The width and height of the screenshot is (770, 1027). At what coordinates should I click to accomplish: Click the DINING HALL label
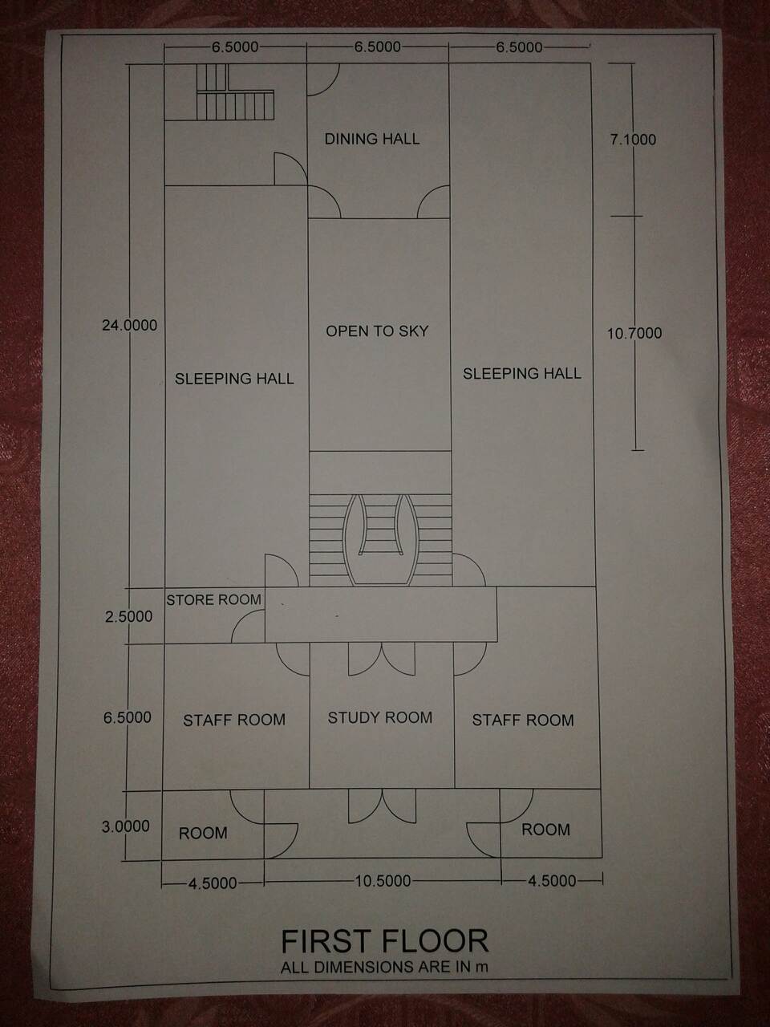372,139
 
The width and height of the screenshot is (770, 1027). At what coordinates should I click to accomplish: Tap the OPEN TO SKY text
377,331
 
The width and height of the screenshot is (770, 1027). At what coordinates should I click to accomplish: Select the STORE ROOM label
213,600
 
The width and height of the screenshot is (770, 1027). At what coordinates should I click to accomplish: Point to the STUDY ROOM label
379,718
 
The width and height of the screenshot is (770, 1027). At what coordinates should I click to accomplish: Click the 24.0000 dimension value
129,325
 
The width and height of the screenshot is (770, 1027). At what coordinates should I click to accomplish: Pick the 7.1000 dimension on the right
633,140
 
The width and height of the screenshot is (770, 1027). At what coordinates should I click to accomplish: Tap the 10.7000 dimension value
634,333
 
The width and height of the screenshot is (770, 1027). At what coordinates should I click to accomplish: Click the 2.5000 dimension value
128,616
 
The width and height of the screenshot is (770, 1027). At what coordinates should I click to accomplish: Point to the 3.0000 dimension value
126,826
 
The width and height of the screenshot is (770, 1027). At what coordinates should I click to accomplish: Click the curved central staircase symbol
380,540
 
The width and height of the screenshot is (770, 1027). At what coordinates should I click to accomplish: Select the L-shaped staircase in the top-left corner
235,92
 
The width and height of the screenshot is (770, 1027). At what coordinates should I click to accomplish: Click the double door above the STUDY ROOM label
382,659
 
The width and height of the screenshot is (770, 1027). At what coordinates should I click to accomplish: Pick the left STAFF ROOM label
233,720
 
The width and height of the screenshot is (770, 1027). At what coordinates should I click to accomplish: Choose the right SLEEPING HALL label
521,373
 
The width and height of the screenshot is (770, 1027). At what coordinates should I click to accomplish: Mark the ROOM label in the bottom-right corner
545,830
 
